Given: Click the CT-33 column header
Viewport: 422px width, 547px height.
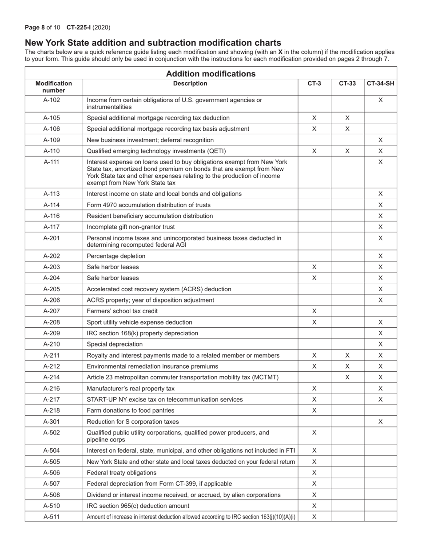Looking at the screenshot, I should coord(347,83).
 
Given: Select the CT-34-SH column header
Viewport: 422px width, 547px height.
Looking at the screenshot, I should coord(380,83).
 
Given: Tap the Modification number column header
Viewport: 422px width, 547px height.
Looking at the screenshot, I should coord(54,87).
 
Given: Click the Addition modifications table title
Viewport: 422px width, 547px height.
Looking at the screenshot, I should coord(211,74).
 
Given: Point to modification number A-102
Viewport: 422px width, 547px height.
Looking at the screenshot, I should coord(52,100).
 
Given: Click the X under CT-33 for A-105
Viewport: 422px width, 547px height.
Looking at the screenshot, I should coord(347,118).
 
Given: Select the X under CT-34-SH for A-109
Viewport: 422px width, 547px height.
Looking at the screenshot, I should coord(380,140).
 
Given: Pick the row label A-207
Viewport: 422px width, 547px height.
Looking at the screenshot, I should coord(52,311).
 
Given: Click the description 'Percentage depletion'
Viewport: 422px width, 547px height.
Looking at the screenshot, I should coord(116,256).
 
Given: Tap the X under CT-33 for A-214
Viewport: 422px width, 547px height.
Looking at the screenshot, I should coord(347,378).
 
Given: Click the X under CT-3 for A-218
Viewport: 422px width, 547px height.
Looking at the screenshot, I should coord(314,410).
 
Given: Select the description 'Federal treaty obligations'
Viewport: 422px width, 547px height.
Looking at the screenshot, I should coord(122,473).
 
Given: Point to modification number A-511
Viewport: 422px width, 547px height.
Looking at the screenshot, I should coord(52,517).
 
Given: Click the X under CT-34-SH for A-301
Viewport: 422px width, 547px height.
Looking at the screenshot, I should coord(380,422).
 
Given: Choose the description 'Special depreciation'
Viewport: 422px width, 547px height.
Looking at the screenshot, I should coord(115,344).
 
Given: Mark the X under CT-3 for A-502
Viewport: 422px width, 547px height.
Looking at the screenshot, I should coord(314,433).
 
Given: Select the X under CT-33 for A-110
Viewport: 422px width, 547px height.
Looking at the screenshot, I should coord(347,151).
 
